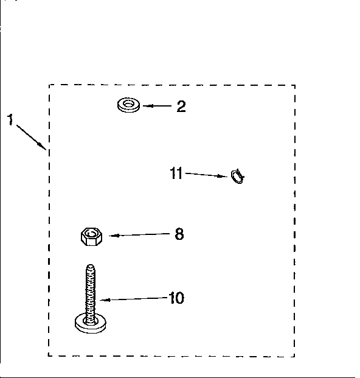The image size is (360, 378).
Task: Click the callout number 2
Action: (181, 107)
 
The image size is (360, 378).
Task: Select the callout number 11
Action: (176, 173)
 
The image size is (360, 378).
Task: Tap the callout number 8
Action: (179, 234)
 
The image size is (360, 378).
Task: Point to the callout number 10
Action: (176, 298)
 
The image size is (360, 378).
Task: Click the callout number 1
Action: (10, 119)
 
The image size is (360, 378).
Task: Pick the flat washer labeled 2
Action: (128, 105)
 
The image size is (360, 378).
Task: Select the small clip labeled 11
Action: (237, 177)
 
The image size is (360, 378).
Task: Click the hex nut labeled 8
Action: (91, 237)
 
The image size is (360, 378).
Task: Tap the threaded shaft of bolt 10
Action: (90, 293)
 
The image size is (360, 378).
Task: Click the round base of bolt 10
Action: (90, 326)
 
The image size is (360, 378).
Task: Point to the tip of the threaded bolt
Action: (90, 265)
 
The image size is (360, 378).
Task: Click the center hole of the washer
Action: (128, 104)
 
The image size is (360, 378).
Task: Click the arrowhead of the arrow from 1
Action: (43, 147)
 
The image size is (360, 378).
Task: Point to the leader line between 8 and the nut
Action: (139, 234)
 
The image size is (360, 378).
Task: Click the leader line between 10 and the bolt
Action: (134, 299)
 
